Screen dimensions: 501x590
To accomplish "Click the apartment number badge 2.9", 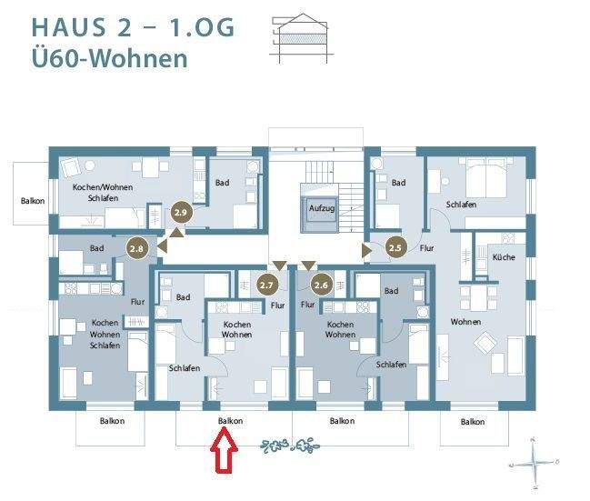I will pos(180,212).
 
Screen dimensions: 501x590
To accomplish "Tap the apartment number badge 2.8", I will pos(138,246).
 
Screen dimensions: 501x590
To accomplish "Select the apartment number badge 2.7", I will pos(267,286).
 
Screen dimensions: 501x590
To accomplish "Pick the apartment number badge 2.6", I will pos(321,286).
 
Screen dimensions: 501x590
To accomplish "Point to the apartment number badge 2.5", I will pos(395,246).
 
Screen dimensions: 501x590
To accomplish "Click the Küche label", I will pos(503,258).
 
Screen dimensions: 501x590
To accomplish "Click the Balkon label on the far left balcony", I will pos(34,201).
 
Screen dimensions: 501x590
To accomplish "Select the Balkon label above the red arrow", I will pos(231,421).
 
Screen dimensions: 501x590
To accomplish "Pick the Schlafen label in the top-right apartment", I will pos(461,205).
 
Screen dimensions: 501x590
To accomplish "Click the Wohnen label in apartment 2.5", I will pos(465,322).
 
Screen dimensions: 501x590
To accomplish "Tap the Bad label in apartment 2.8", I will pos(97,248).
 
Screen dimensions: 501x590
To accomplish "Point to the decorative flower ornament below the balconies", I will pos(292,446).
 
